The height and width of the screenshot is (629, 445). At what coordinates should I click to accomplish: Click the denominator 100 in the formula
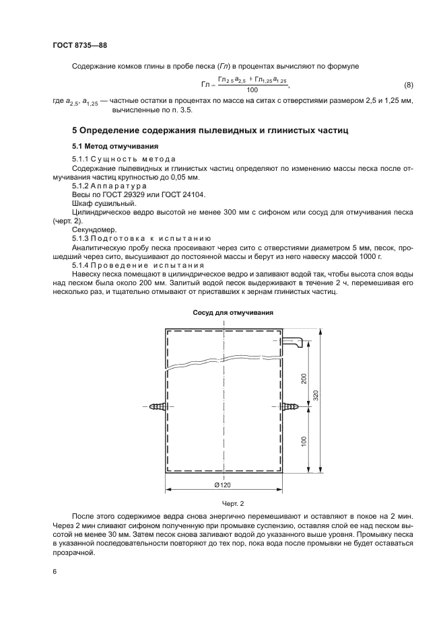[252, 90]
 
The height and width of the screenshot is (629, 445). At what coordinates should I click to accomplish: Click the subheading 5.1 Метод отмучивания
[115, 146]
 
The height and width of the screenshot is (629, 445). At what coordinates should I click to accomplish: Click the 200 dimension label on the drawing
[304, 379]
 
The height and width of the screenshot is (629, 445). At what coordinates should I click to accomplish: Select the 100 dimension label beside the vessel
[304, 441]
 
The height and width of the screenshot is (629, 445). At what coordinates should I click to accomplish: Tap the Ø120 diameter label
[223, 486]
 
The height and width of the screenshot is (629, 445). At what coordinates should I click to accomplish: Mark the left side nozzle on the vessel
[158, 406]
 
